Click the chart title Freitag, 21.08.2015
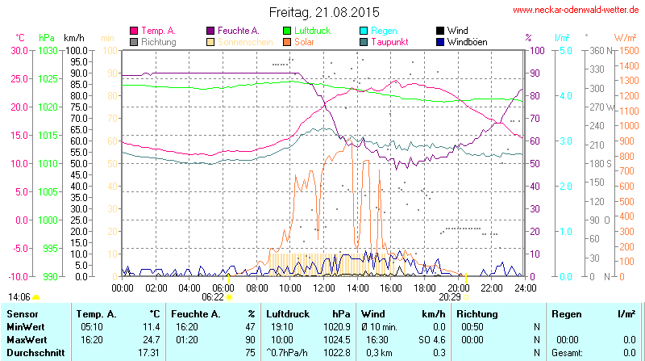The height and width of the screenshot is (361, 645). pos(322,12)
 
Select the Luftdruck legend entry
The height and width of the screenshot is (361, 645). pos(313,30)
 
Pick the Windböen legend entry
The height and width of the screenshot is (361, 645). pos(467,41)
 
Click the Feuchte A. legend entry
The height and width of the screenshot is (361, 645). pos(238,30)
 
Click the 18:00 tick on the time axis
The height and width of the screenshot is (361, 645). pos(424,288)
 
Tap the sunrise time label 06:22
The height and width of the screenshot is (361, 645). pos(223,296)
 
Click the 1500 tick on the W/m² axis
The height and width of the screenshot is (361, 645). pos(626,50)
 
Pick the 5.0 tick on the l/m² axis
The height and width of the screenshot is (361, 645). pos(566,50)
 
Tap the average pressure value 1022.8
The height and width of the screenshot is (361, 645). pos(338,353)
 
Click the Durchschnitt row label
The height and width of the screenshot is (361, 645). pos(32,353)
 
